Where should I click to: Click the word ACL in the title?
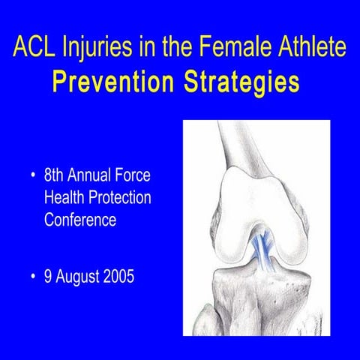[33, 49]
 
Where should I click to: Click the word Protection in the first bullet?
[119, 198]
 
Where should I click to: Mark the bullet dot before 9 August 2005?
[32, 277]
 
